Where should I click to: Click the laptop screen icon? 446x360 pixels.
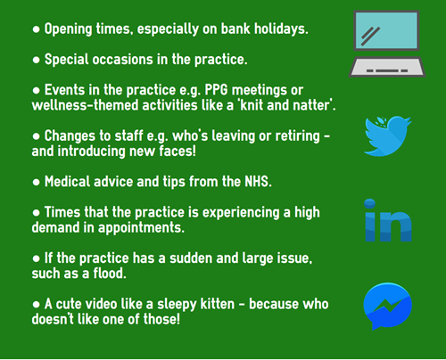[386, 30]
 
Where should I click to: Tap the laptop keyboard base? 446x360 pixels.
[387, 67]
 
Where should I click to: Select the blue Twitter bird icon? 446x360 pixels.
[387, 136]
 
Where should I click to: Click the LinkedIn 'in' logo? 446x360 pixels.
[388, 220]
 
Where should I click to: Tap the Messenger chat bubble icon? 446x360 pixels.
[387, 306]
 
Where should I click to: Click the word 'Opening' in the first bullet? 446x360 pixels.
[68, 29]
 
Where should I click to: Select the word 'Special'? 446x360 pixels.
[67, 60]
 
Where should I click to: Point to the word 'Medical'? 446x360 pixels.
[67, 182]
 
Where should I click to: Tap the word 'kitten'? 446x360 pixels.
[218, 304]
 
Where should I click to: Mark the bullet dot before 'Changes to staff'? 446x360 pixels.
[37, 136]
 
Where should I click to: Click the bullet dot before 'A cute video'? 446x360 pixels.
[37, 304]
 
